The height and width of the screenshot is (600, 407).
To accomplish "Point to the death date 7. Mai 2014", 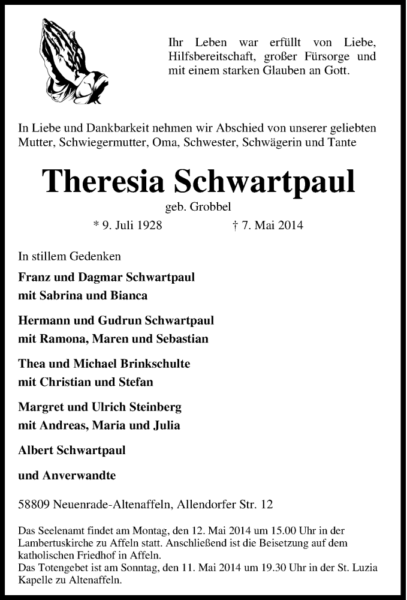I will coord(269,226).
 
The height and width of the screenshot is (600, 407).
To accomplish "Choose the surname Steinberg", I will coord(154,407).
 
